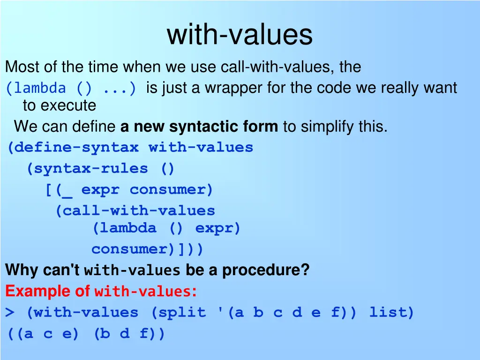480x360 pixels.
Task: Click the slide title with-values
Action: [x=240, y=35]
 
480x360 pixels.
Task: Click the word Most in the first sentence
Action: [x=19, y=67]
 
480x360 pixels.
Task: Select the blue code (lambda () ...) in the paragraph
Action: [x=72, y=88]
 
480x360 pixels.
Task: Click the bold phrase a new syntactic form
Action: [x=199, y=127]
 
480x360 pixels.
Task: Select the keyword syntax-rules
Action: [x=87, y=169]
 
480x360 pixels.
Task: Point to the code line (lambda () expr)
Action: [x=166, y=228]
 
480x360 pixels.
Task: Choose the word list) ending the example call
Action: [x=391, y=313]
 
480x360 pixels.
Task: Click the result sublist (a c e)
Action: [x=44, y=334]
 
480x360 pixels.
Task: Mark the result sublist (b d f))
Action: [x=129, y=334]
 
